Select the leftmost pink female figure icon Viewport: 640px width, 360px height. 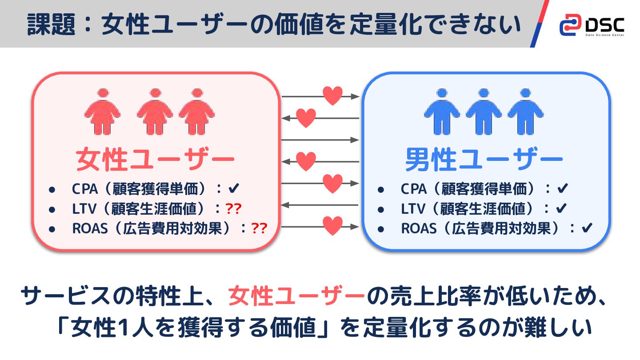(x=103, y=112)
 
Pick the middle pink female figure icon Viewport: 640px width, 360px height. (x=155, y=112)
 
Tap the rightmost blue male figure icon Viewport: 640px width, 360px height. (x=525, y=112)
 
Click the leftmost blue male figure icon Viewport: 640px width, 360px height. (x=441, y=112)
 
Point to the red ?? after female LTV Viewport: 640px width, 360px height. (x=233, y=208)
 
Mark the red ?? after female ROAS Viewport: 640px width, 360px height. (x=259, y=228)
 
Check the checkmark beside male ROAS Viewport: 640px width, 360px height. (x=587, y=228)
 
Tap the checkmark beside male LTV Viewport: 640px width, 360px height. (x=561, y=208)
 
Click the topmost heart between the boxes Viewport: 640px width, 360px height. (x=332, y=95)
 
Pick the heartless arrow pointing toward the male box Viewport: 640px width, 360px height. (x=320, y=140)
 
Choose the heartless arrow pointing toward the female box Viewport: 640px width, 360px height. (x=320, y=205)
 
